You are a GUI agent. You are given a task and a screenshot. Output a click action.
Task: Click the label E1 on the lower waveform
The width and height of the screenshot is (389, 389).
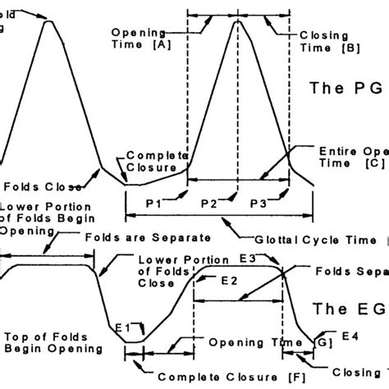coord(123,327)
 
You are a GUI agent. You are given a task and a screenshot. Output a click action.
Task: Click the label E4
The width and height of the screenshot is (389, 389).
coord(350,336)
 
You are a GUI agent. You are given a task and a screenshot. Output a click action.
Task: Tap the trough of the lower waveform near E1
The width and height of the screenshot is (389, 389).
coord(137,341)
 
